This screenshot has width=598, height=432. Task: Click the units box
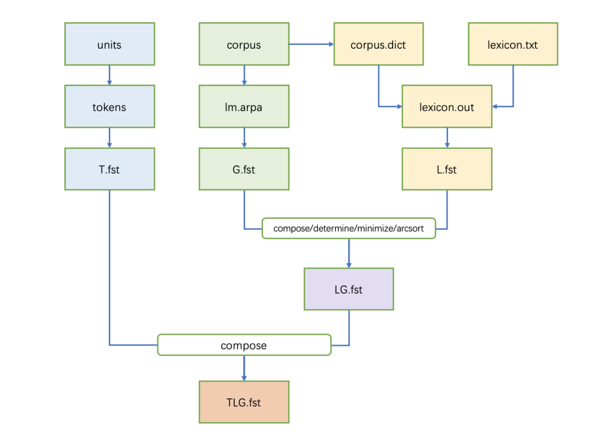(110, 44)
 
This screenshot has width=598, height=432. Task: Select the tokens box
(110, 106)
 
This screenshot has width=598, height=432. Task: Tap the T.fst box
(110, 169)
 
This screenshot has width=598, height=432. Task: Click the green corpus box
(244, 44)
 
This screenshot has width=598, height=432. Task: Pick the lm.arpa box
(244, 106)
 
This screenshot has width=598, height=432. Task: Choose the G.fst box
(244, 169)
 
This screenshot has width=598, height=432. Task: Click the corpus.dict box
(378, 44)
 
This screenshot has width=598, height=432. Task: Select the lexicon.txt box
(513, 44)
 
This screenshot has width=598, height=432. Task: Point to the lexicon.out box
(447, 106)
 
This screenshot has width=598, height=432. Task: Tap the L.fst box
(447, 169)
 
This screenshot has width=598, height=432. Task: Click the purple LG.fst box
(349, 289)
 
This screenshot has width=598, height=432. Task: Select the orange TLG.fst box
(244, 402)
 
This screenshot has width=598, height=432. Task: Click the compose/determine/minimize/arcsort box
(349, 228)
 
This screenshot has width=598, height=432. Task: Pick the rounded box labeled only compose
(244, 345)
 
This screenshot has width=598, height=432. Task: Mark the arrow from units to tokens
(110, 75)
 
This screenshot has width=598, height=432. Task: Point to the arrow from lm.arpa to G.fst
(244, 138)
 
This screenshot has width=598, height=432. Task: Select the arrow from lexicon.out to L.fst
(447, 138)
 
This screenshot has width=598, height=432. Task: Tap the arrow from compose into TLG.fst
(244, 368)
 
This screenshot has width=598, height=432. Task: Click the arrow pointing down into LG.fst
(349, 253)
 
